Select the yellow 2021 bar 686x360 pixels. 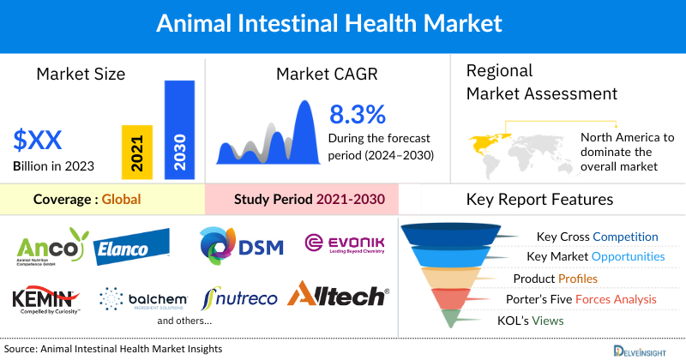point(137,150)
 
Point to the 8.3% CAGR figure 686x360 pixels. point(358,114)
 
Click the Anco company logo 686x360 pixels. point(51,247)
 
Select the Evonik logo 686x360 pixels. point(345,244)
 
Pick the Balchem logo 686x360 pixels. point(146,298)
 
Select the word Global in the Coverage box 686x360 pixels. point(121,200)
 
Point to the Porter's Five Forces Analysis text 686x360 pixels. point(584,299)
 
